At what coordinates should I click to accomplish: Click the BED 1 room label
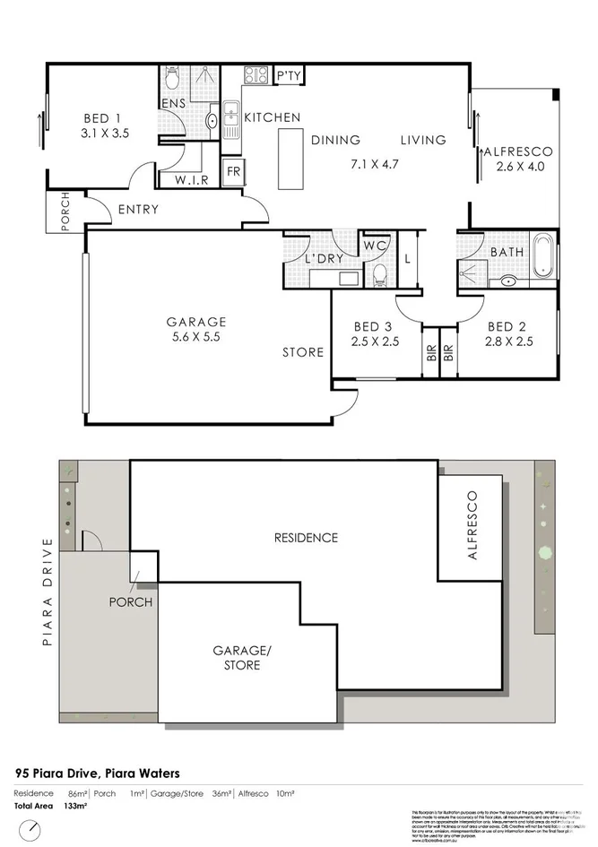pos(101,118)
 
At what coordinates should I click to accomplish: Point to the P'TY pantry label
pos(288,76)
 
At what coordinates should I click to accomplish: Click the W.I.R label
pos(192,179)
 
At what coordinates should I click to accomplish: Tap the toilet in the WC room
pos(378,273)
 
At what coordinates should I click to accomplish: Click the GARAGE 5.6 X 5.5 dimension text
pos(195,338)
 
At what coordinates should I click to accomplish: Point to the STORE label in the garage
pos(303,352)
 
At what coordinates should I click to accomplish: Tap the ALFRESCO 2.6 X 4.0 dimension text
pos(519,166)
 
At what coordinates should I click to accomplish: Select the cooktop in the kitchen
pos(254,76)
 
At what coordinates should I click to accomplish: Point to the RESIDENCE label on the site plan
pos(306,538)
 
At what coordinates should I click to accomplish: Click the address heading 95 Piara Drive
pos(98,772)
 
